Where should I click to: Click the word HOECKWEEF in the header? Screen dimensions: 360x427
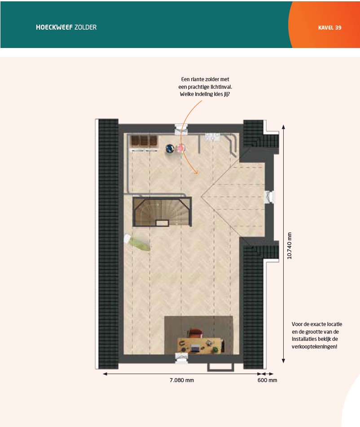pos(54,27)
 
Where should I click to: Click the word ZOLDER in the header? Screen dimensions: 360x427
pos(86,27)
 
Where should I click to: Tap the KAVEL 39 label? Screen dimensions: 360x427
pos(330,27)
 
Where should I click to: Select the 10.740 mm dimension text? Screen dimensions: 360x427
pos(290,246)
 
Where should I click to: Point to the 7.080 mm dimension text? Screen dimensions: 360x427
pos(182,380)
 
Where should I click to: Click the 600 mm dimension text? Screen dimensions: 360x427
pos(268,380)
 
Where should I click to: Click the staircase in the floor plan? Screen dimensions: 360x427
pos(162,212)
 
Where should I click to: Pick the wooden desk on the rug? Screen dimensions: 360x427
pos(200,345)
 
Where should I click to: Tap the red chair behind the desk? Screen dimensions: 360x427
pos(195,333)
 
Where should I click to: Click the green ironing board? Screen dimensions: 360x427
pos(140,243)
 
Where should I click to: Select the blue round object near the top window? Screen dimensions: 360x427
pos(170,148)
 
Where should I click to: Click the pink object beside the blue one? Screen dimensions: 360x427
pos(180,148)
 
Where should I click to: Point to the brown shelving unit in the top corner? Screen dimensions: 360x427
pos(144,141)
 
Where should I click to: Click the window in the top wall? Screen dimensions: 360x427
pos(181,129)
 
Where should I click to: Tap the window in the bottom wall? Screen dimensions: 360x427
pos(181,358)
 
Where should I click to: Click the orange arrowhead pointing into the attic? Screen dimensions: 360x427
pos(195,171)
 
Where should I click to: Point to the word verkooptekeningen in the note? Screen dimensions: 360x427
pos(315,347)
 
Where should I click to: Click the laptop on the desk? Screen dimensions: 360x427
pos(195,348)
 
